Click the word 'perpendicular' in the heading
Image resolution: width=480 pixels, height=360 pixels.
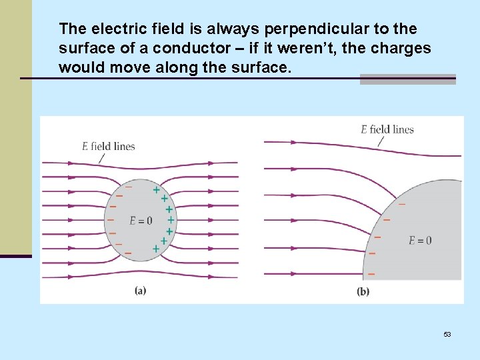307,29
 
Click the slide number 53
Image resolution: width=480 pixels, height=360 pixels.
447,333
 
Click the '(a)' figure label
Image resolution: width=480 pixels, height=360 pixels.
141,290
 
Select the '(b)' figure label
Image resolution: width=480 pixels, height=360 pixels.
363,291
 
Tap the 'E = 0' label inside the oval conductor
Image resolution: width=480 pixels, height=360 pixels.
141,221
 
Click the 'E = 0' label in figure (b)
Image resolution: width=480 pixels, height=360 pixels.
420,240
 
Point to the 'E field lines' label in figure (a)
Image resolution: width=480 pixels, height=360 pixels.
109,147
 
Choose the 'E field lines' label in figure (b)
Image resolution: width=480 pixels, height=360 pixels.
387,129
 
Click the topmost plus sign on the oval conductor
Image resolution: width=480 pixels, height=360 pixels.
156,190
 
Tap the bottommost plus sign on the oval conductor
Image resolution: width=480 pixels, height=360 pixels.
155,249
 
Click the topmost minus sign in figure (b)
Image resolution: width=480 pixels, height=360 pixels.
401,204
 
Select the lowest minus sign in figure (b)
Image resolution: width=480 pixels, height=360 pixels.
371,274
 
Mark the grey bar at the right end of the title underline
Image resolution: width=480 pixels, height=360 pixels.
407,79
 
